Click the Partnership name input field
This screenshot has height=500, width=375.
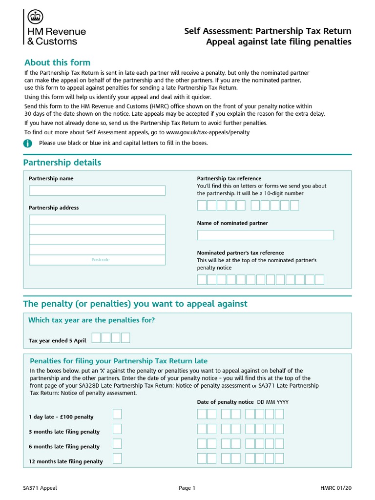pos(97,190)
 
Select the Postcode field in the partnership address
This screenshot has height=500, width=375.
pos(97,260)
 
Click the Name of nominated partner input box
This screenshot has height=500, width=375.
pos(265,235)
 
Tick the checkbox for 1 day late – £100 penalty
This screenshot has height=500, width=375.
pos(117,415)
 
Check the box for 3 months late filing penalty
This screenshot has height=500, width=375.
pos(117,429)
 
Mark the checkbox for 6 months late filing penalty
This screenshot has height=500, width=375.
pos(117,444)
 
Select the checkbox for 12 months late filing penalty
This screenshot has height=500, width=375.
pos(117,459)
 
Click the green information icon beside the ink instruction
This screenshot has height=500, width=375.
pos(28,143)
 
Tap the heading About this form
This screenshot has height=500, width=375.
pos(57,62)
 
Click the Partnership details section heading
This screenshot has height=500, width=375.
pos(62,163)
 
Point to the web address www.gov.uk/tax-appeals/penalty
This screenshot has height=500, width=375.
pos(208,132)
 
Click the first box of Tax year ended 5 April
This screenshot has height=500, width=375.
pos(96,338)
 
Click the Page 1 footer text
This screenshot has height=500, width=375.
pos(187,488)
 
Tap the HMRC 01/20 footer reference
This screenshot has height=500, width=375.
pos(336,488)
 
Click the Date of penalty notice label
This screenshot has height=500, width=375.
pos(225,402)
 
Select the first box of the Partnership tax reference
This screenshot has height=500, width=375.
pos(202,206)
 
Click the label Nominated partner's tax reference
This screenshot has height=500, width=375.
pos(240,253)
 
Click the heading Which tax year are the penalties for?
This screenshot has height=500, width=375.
pos(92,320)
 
